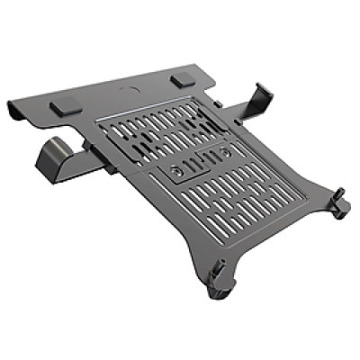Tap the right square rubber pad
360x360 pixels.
182,79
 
